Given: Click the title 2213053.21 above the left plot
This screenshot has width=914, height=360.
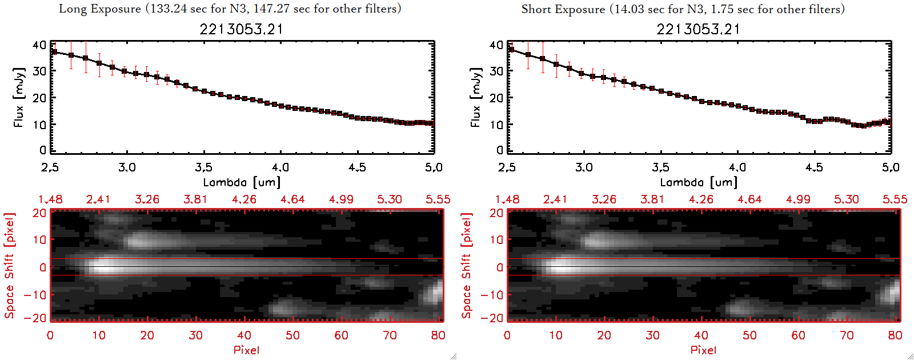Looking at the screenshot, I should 241,29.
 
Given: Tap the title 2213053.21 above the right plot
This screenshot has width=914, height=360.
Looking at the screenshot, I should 698,29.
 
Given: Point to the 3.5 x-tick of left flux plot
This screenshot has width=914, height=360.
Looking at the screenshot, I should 203,167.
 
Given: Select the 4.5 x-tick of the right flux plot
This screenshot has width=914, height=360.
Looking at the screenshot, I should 814,167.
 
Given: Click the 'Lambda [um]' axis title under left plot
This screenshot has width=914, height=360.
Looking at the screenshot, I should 242,182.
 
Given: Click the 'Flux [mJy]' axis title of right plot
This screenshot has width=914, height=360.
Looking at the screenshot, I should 475,97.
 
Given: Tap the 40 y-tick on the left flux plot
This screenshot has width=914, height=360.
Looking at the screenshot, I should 39,45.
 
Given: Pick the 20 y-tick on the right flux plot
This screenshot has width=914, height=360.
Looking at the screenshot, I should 496,98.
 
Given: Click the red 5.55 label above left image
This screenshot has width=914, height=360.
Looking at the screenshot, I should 438,199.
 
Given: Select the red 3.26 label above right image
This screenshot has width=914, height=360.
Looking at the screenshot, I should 604,199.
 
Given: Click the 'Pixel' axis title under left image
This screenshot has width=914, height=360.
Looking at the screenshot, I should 246,350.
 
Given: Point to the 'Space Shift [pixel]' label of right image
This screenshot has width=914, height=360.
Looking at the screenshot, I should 467,266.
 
